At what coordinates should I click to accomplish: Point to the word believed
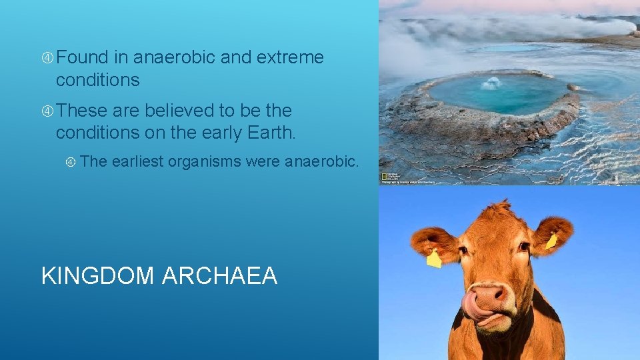tap(175, 110)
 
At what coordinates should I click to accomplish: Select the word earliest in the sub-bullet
tap(137, 161)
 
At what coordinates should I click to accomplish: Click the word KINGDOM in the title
tap(97, 275)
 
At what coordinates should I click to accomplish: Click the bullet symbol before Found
tap(47, 59)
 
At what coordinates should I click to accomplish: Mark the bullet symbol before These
tap(47, 111)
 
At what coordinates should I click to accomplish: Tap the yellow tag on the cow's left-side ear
tap(434, 259)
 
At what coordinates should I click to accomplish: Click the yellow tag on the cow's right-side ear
tap(552, 241)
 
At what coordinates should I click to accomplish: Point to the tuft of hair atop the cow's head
tap(498, 209)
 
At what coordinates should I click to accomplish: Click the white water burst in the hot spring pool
tap(491, 83)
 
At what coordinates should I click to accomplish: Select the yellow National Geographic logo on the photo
tap(385, 177)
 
